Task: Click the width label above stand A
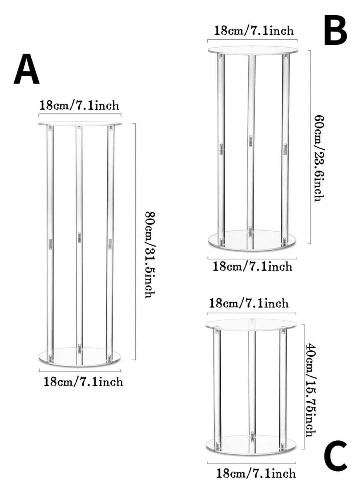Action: coord(79,106)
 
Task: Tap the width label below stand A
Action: coord(83,382)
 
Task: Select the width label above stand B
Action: coord(254,30)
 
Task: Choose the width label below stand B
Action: coord(252,266)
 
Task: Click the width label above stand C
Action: coord(248,303)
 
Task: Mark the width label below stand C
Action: coord(256,472)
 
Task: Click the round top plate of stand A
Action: coord(80,123)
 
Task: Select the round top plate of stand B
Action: coord(253,50)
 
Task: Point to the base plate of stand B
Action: coord(252,241)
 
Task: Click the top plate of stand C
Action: coord(251,324)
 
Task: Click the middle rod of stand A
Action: coord(79,200)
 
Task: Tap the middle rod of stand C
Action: coord(252,380)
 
